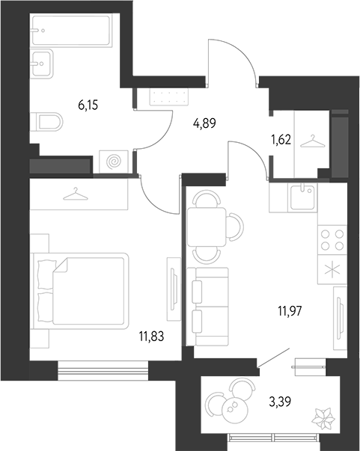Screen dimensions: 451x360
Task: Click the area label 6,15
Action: coord(88,106)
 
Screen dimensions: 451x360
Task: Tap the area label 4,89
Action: coord(204,124)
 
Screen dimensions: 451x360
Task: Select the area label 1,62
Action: coord(281,138)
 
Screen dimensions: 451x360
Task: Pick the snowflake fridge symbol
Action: coord(332,270)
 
